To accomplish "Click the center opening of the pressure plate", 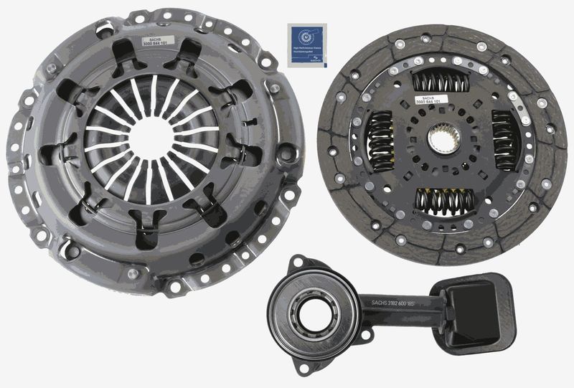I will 152,138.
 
